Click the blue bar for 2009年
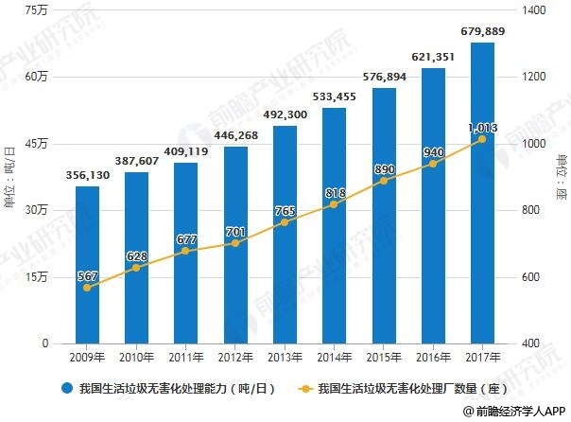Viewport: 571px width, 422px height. coord(87,264)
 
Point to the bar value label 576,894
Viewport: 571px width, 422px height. coord(384,77)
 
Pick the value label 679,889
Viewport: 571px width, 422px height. coord(482,31)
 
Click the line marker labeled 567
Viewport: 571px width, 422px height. coord(87,287)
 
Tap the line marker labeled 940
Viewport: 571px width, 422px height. coord(433,164)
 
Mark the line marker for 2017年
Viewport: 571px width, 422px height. coord(482,139)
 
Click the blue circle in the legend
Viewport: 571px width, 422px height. coord(67,388)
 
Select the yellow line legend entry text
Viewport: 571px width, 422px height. coord(401,388)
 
